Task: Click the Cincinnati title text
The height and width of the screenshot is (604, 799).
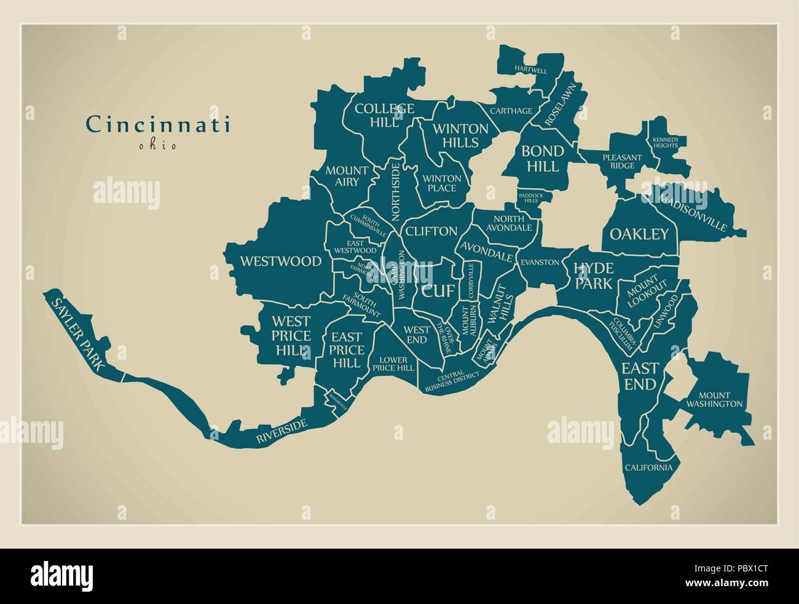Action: point(158,124)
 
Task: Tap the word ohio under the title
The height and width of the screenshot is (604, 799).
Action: point(157,146)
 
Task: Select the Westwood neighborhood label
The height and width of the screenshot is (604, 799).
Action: point(280,261)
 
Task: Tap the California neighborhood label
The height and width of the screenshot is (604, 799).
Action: point(649,467)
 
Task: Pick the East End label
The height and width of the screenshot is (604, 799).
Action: point(640,376)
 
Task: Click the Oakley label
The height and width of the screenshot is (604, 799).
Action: point(639,234)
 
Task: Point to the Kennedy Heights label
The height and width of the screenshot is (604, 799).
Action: point(666,143)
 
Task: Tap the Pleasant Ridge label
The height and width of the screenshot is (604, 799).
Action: point(622,161)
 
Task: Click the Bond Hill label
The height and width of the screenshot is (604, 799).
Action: point(542,158)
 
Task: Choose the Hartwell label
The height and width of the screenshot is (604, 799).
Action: point(531,71)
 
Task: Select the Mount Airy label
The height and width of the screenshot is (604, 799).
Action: point(347,175)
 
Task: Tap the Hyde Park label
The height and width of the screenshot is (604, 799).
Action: point(593,275)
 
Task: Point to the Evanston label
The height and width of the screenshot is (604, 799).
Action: point(540,262)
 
